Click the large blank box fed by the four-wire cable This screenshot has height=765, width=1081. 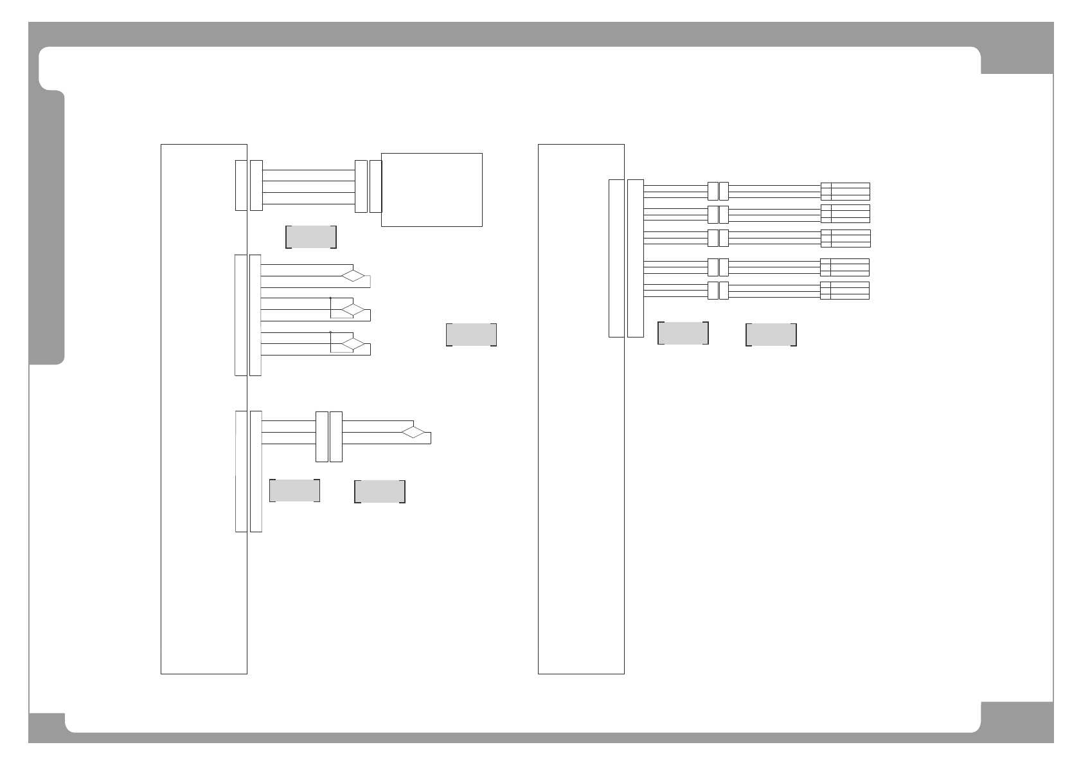point(432,190)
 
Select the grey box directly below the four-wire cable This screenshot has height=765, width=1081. point(311,237)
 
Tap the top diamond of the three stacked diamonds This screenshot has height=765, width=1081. point(353,276)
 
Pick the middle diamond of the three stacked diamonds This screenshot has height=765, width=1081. point(353,310)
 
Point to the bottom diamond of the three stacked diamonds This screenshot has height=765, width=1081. point(353,344)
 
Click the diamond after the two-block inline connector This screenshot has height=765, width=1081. point(414,432)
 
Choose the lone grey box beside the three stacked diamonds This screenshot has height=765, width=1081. point(471,335)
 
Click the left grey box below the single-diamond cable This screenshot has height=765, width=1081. point(294,491)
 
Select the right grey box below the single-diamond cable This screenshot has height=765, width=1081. point(380,491)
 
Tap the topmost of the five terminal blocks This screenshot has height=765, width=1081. point(845,191)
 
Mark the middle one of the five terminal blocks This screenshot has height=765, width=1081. point(845,238)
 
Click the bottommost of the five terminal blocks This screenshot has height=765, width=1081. point(845,290)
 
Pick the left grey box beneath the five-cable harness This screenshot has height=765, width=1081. point(683,333)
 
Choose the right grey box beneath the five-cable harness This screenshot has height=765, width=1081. point(771,335)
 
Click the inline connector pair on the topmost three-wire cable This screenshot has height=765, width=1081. point(718,191)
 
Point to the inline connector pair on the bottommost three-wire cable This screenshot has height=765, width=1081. point(718,290)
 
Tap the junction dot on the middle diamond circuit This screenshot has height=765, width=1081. point(330,298)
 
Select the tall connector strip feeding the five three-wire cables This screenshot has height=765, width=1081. point(635,258)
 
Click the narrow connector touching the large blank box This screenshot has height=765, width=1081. point(375,186)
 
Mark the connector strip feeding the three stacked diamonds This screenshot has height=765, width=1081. point(255,315)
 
